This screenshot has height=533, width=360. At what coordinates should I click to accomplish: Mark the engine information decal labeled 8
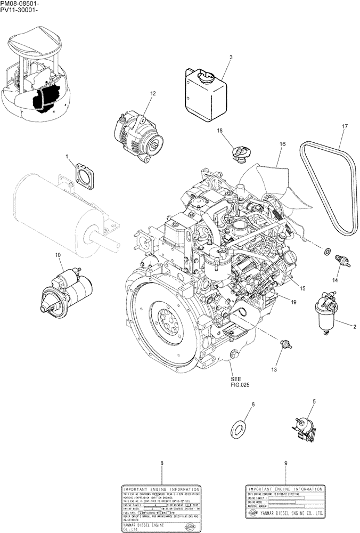(161, 508)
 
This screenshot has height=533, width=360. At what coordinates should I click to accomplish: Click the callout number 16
(282, 144)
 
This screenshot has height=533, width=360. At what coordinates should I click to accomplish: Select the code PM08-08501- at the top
(20, 4)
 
